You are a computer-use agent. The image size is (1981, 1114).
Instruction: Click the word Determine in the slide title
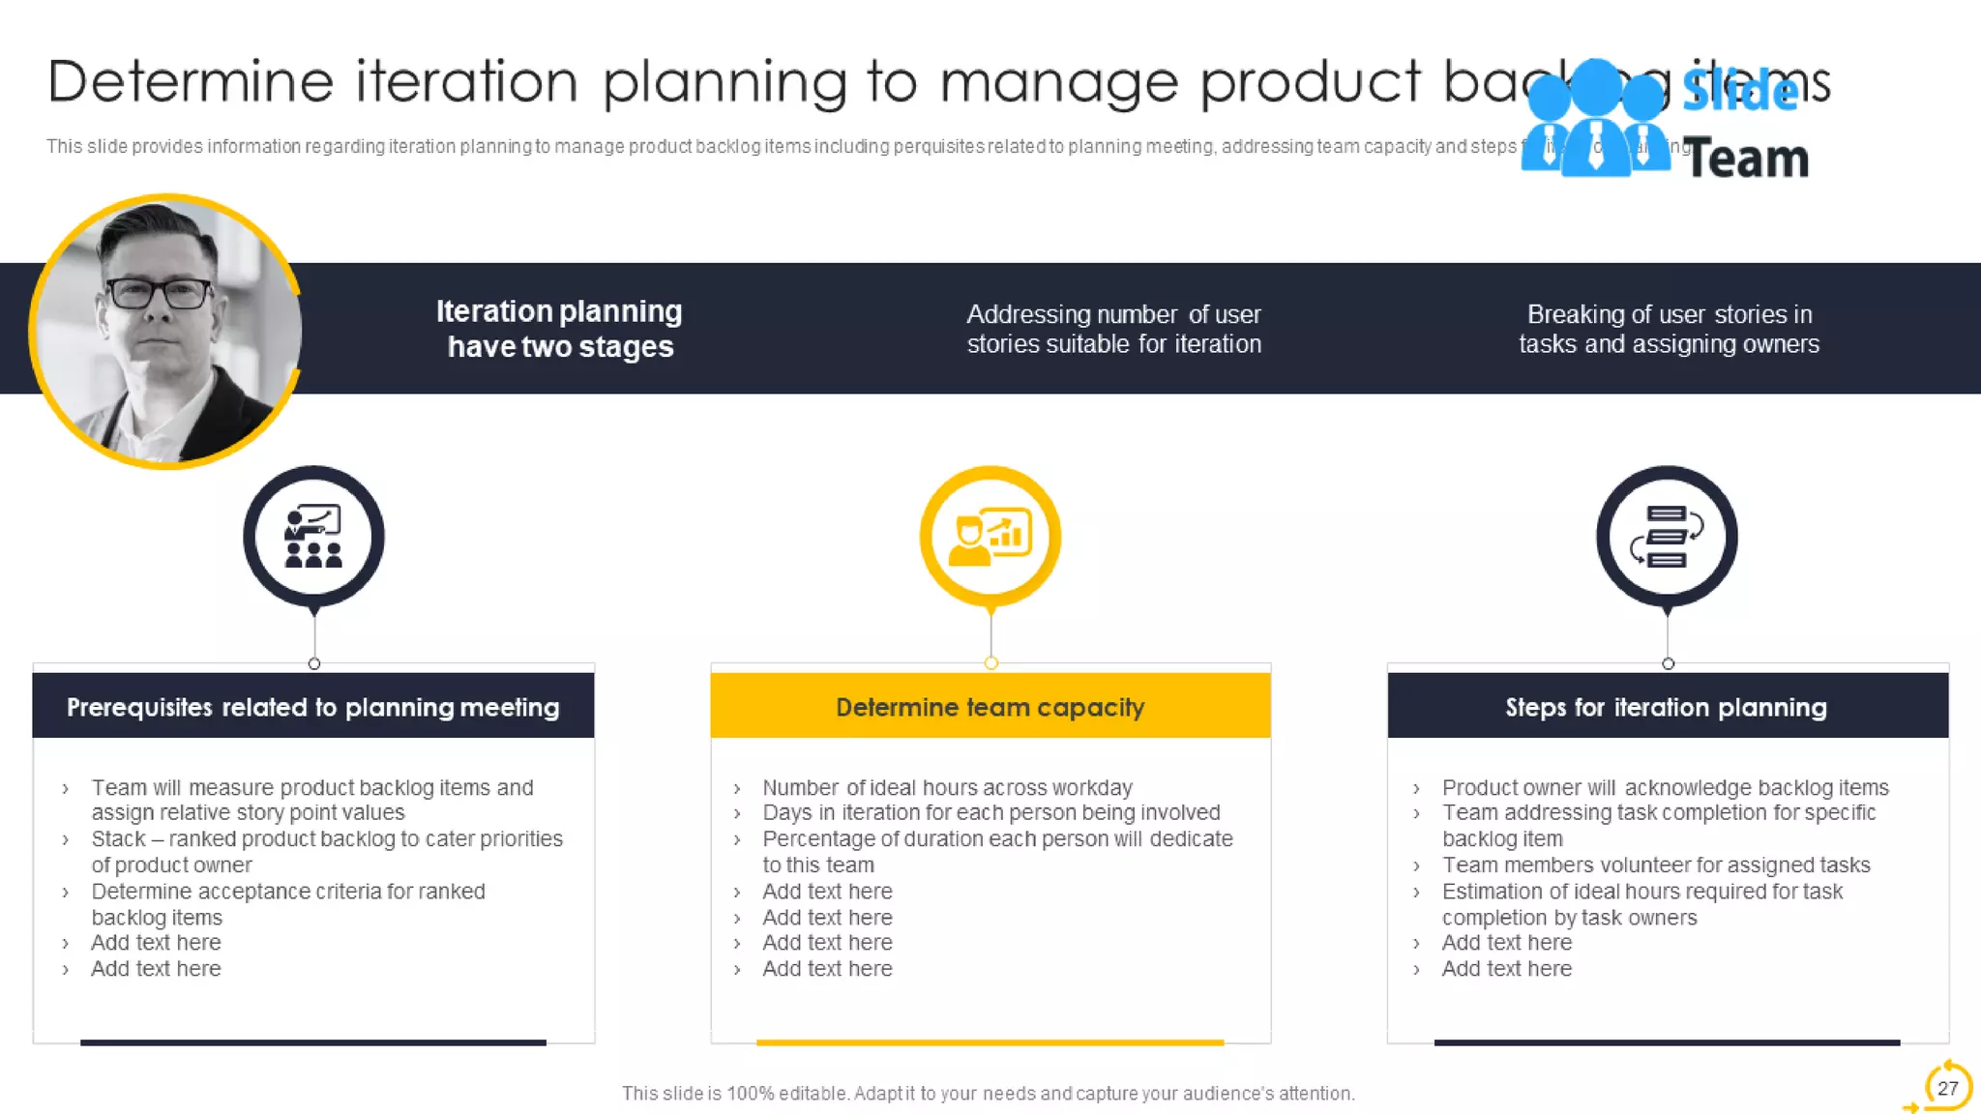click(190, 81)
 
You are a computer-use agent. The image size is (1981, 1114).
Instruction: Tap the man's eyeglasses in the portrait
click(160, 292)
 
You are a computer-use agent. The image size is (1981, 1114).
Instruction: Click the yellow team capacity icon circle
click(990, 537)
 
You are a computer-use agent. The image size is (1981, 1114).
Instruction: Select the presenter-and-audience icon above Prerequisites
click(313, 537)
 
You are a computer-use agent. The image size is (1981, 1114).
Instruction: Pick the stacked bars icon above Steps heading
click(1666, 537)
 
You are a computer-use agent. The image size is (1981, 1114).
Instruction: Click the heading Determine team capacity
click(990, 707)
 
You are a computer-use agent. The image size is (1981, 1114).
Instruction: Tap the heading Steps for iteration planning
click(1666, 707)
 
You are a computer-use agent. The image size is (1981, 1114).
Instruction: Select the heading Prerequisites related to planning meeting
click(312, 707)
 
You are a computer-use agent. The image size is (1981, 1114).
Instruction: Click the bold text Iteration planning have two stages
click(559, 329)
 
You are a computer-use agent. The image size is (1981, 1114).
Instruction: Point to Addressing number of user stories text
click(1113, 329)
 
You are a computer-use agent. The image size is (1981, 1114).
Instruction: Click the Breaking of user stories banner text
click(1669, 329)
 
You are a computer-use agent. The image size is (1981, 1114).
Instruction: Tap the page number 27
click(1947, 1088)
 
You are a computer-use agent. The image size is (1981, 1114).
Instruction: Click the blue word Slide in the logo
click(1739, 91)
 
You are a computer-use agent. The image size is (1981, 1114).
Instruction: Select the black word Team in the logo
click(1746, 160)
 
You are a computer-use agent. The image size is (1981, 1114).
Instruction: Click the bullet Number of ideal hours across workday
click(946, 787)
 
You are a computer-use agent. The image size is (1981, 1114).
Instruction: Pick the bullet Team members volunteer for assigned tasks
click(1655, 865)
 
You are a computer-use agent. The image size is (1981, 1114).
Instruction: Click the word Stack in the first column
click(117, 838)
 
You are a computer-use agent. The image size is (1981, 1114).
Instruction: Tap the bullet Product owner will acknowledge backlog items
click(1664, 787)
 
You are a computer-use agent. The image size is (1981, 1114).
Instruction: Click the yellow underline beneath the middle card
click(990, 1042)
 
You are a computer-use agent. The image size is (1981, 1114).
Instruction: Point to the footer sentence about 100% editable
click(988, 1093)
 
